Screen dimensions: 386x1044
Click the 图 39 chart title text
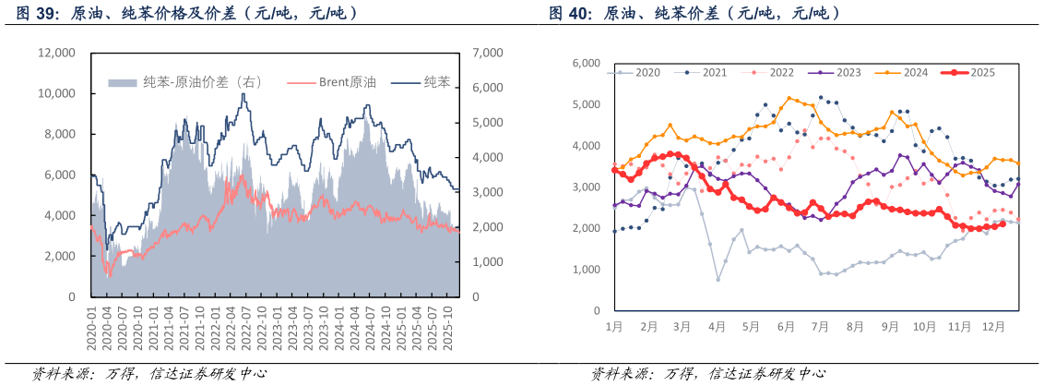[x=184, y=14]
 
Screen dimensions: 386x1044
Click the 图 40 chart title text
[x=694, y=14]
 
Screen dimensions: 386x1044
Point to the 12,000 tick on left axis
[x=56, y=53]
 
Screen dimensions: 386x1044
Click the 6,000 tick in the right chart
[x=587, y=63]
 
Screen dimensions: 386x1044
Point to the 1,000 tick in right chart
[x=587, y=269]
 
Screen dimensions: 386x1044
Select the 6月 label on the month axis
[x=786, y=326]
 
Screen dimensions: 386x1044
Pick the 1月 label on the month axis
[x=614, y=326]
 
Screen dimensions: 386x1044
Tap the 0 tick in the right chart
[x=596, y=310]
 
